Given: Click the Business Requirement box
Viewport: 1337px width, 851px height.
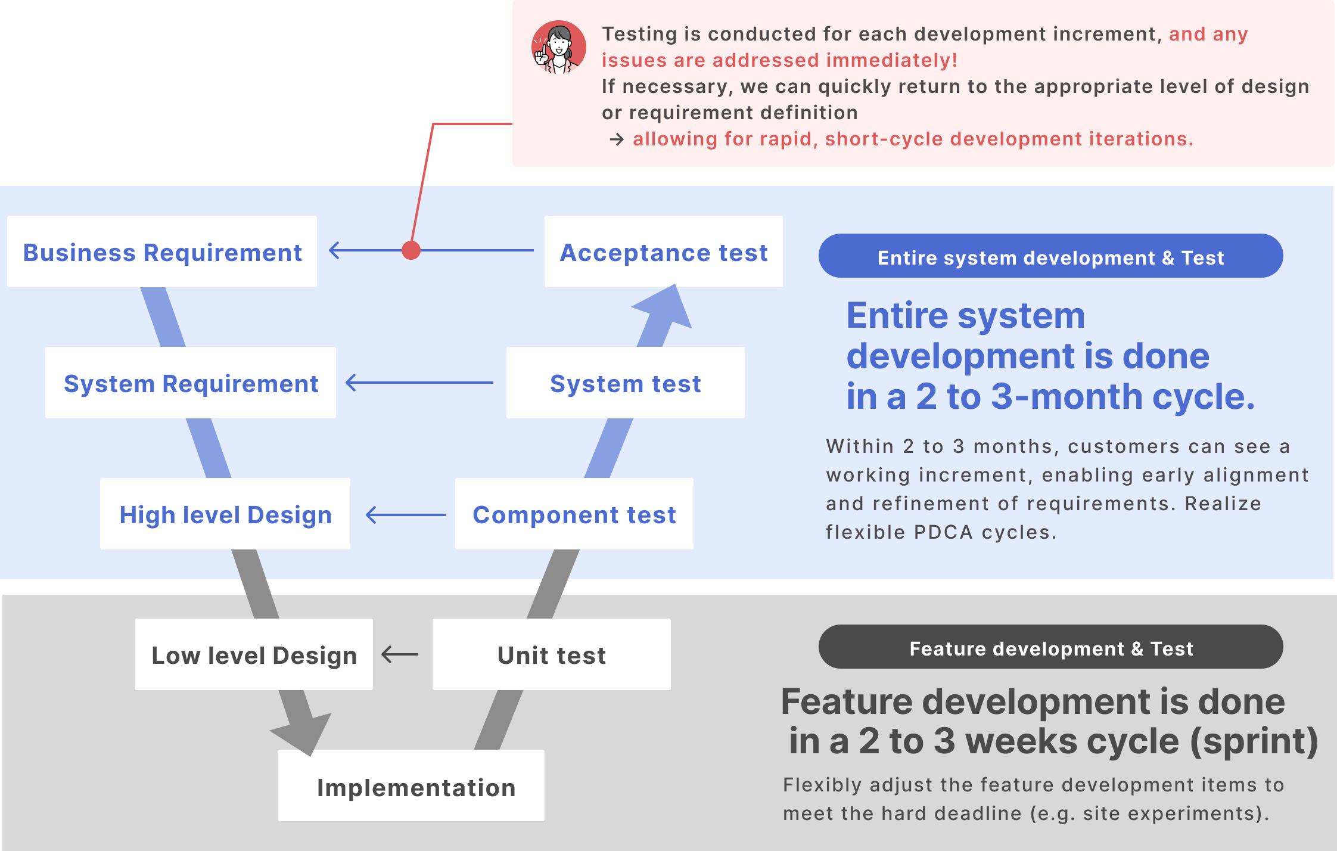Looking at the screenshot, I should pos(162,251).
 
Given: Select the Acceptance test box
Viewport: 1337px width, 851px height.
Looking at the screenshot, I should pos(663,251).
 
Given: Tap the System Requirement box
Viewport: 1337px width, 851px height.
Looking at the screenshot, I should pos(191,383).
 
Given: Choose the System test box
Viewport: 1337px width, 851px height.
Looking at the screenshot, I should pos(625,383).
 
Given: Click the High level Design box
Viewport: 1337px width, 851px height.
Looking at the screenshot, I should pos(225,514).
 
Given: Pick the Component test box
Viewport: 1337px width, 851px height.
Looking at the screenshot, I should pos(574,514).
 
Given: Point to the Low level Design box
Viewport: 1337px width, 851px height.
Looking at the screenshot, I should pos(254,654).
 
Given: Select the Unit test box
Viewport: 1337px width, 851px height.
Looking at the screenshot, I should pos(551,654).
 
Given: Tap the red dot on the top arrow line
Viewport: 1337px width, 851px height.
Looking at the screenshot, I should pos(411,250).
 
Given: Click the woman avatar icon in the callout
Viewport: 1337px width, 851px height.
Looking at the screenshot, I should pos(558,48).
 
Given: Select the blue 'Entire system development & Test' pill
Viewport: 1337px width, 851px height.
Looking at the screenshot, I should pos(1050,256).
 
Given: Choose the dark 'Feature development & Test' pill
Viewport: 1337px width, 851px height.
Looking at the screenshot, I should pos(1050,647).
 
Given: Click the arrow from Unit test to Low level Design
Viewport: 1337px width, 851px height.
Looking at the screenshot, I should pos(400,654).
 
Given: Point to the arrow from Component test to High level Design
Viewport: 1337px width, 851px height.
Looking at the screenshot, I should pos(405,515).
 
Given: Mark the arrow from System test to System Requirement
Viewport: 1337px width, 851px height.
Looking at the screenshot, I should pos(419,383).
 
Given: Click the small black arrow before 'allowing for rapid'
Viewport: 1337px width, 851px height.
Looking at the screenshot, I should pos(617,139).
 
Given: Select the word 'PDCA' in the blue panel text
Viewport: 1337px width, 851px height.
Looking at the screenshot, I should pos(943,532).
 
